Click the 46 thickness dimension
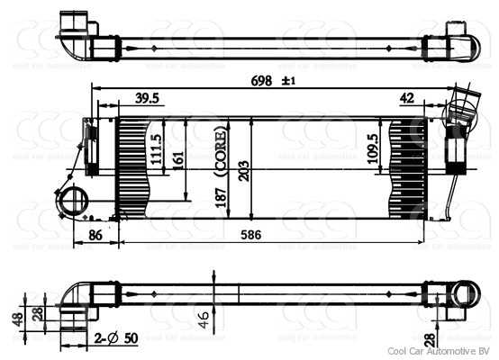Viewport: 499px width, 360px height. tap(205, 316)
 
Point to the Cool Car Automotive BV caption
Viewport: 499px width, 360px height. tap(438, 350)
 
